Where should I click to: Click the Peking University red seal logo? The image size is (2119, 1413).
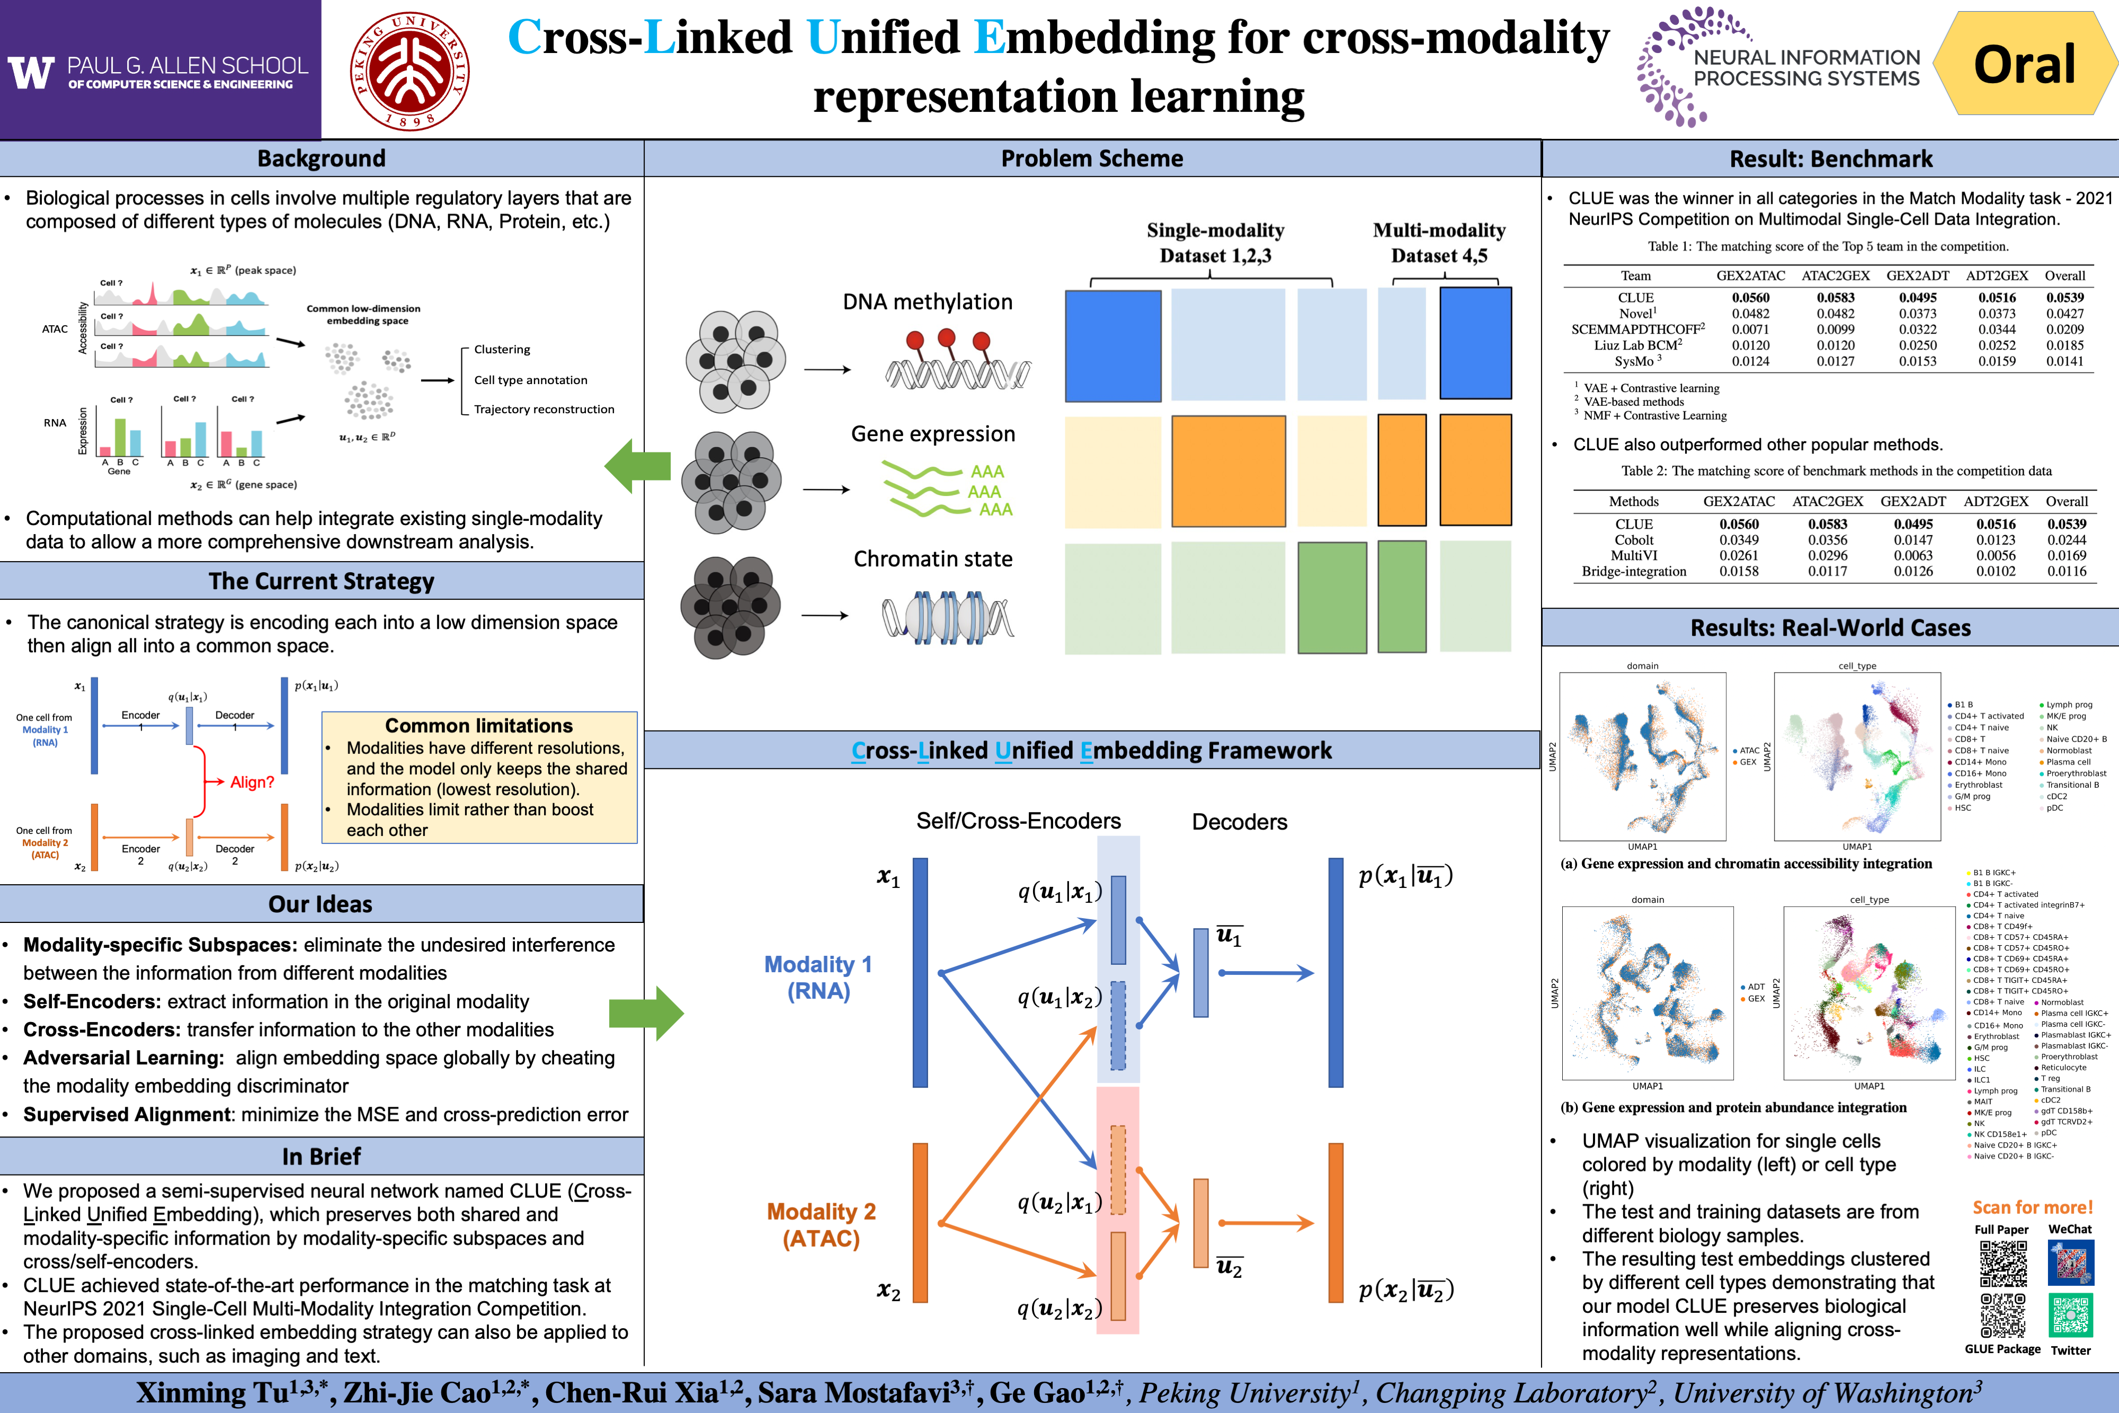[x=410, y=70]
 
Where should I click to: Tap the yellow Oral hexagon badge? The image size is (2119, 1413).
[x=2025, y=64]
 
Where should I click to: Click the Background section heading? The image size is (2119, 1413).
[x=322, y=158]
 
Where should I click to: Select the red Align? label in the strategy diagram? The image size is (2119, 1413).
[x=251, y=782]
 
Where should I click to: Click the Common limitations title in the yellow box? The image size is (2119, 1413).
[x=478, y=725]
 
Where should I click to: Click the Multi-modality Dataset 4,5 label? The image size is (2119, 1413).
[x=1439, y=243]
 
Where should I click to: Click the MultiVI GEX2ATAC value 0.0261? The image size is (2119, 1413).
[x=1739, y=555]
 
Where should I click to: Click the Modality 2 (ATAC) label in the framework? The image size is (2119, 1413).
[x=821, y=1225]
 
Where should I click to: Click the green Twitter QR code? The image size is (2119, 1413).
[x=2070, y=1315]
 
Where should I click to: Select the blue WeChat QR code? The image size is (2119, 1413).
[x=2070, y=1264]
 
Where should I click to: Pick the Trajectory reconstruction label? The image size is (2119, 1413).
[x=544, y=409]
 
